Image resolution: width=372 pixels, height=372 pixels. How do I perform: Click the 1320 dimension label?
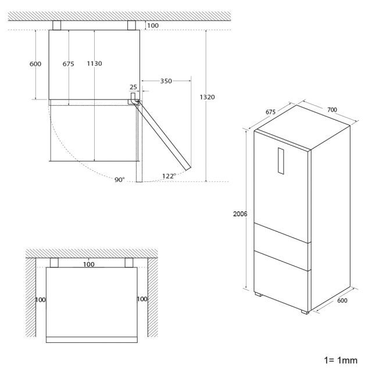pyautogui.click(x=207, y=97)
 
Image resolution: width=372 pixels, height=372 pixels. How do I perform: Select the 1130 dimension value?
pyautogui.click(x=94, y=63)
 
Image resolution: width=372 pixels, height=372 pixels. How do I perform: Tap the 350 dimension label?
pyautogui.click(x=166, y=81)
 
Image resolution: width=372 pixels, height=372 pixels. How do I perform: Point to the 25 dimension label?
pyautogui.click(x=133, y=87)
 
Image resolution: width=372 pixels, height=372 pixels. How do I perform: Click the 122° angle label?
pyautogui.click(x=169, y=176)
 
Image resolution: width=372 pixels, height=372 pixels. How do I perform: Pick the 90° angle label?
pyautogui.click(x=120, y=180)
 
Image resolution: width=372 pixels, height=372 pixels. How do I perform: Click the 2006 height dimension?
pyautogui.click(x=240, y=214)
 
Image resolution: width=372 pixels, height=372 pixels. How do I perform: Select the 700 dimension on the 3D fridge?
pyautogui.click(x=332, y=110)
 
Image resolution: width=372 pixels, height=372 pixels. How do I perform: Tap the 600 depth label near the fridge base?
pyautogui.click(x=342, y=301)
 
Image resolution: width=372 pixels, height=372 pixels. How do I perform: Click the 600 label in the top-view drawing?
pyautogui.click(x=35, y=63)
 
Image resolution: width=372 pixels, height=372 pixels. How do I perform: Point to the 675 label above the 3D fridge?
pyautogui.click(x=270, y=112)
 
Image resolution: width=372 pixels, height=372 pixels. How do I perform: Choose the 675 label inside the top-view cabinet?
pyautogui.click(x=69, y=63)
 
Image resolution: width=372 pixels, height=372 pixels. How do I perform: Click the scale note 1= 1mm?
pyautogui.click(x=341, y=360)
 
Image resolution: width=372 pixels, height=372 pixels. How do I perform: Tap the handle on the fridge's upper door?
pyautogui.click(x=281, y=161)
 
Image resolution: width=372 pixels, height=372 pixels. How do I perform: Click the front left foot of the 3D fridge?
pyautogui.click(x=259, y=295)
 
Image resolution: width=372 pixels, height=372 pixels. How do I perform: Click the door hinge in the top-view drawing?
pyautogui.click(x=134, y=99)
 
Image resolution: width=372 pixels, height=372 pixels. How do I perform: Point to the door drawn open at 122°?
pyautogui.click(x=163, y=135)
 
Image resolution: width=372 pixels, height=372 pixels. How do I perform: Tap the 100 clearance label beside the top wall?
pyautogui.click(x=153, y=26)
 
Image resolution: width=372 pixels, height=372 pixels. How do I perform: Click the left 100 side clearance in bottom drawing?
pyautogui.click(x=40, y=300)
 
